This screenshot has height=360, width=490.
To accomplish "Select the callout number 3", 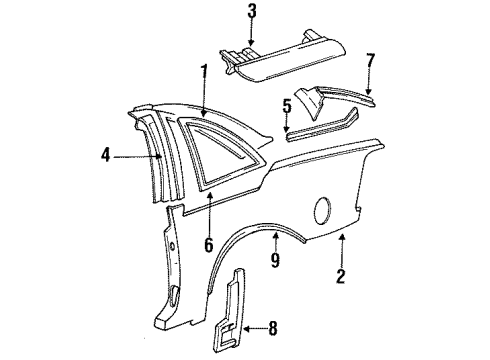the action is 251,12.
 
